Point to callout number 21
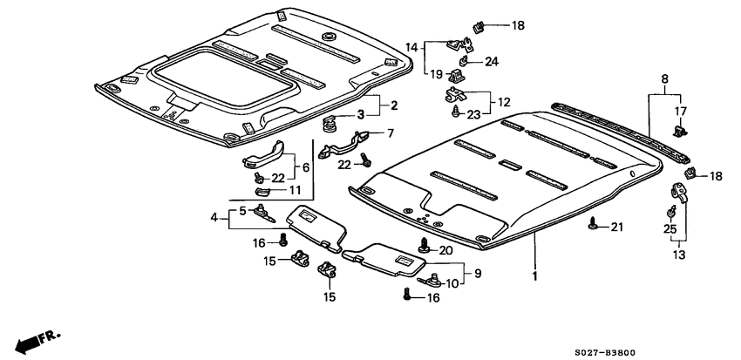(617, 228)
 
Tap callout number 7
(390, 133)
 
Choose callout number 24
(492, 61)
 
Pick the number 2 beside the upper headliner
(393, 105)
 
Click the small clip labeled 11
(261, 189)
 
